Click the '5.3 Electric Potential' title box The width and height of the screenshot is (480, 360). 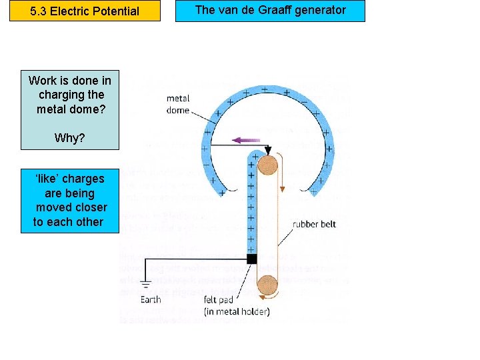85,11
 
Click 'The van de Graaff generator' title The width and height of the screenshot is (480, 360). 270,10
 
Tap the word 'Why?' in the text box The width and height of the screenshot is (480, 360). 70,138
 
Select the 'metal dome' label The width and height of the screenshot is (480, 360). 177,105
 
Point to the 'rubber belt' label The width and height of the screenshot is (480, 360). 314,224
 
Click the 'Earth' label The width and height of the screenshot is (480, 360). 150,299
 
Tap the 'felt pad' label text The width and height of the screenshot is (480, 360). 219,299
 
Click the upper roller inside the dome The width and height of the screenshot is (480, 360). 269,165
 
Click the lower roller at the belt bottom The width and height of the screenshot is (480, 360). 269,285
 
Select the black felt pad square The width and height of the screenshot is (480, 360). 251,259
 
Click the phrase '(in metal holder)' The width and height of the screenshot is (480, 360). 237,311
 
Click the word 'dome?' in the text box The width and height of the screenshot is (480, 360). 89,109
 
